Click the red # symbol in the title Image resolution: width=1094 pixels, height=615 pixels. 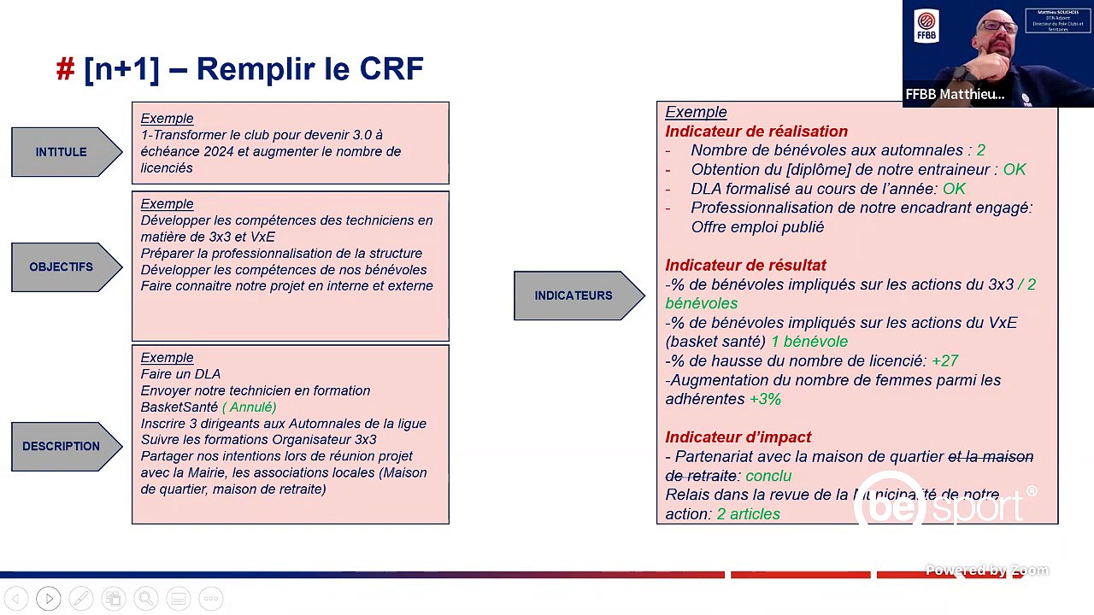66,69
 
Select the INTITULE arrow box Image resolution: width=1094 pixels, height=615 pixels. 62,152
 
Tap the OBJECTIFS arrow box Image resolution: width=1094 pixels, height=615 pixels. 62,267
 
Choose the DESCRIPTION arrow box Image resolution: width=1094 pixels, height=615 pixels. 62,446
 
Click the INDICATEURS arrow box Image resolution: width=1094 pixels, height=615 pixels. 573,296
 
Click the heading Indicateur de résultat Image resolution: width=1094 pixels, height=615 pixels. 745,266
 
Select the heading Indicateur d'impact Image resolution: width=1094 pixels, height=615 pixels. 738,437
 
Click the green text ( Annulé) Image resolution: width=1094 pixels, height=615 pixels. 250,407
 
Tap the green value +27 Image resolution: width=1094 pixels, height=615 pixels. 944,361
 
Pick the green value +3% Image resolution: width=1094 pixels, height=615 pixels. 765,400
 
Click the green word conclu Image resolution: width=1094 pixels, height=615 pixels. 768,476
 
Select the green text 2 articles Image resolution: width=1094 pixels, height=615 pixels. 748,514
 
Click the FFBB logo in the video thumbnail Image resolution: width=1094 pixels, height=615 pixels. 926,26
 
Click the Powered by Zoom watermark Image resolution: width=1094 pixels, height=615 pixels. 986,571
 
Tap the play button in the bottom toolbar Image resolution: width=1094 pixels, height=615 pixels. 48,599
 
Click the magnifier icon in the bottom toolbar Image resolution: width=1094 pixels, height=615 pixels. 145,599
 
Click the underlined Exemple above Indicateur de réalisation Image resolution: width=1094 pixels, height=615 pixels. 696,112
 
